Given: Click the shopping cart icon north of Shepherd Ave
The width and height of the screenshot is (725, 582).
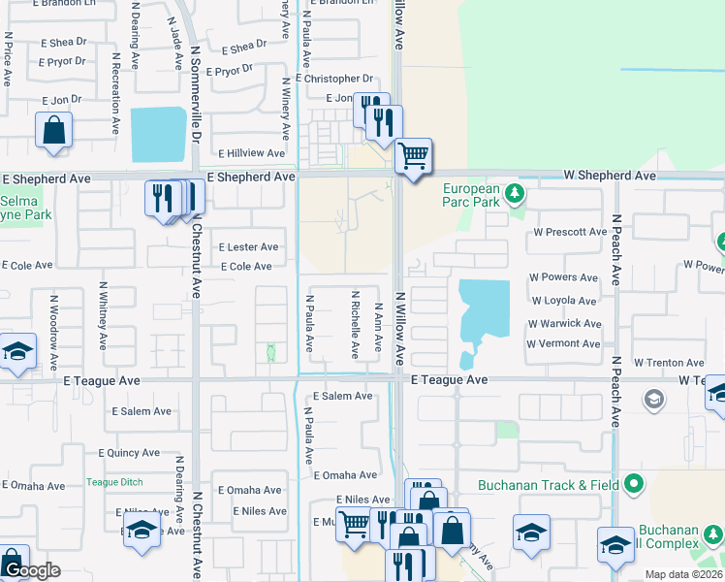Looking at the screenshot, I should [414, 154].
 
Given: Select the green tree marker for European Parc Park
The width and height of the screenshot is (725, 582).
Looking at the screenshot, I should [515, 193].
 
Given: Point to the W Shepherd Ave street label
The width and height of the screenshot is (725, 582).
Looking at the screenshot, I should [611, 176].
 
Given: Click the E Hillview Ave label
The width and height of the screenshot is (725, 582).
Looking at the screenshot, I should [252, 153].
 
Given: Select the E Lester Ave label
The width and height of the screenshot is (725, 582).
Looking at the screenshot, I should [248, 247].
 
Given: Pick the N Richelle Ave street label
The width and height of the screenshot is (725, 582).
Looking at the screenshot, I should [355, 324].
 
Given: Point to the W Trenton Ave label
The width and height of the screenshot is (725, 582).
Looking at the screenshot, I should [670, 363].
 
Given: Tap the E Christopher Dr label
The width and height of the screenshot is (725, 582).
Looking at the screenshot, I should [334, 79].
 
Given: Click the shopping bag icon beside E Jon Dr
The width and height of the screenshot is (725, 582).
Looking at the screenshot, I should [53, 129].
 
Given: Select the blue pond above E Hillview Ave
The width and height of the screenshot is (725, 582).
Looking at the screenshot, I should [157, 134].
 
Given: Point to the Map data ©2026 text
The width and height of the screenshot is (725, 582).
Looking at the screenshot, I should [683, 574].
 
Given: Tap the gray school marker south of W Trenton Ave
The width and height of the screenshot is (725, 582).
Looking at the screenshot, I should [654, 399].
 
